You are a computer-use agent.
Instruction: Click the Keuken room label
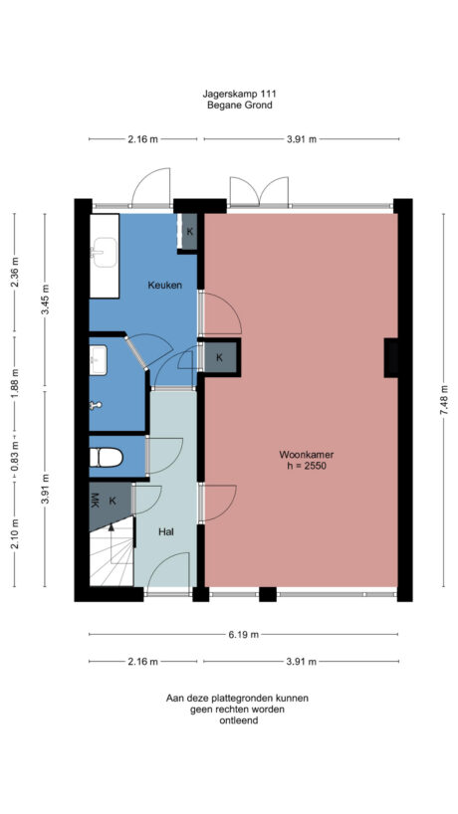pyautogui.click(x=164, y=286)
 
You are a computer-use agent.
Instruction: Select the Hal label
pyautogui.click(x=167, y=532)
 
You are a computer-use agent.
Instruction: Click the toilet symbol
pyautogui.click(x=106, y=458)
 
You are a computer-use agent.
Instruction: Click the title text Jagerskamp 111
pyautogui.click(x=238, y=94)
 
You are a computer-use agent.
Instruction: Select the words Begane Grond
pyautogui.click(x=239, y=104)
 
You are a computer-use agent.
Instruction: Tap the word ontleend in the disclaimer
pyautogui.click(x=238, y=720)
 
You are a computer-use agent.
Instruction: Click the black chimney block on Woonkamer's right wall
pyautogui.click(x=391, y=358)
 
